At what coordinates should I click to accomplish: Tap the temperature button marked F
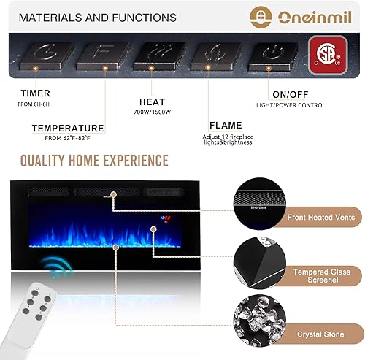point(102,53)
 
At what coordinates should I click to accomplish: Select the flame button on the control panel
point(213,53)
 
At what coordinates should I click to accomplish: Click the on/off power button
point(271,53)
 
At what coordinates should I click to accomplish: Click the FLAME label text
point(225,125)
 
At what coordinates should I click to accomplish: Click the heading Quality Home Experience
point(93,161)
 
